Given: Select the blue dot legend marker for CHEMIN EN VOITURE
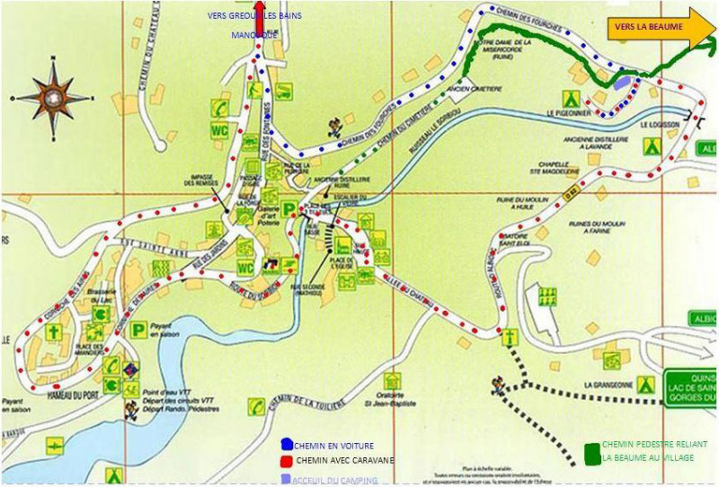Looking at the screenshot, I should coord(287,445).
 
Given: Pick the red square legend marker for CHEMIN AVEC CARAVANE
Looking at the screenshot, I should coord(287,460).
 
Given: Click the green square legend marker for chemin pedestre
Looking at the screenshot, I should coord(591,454).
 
